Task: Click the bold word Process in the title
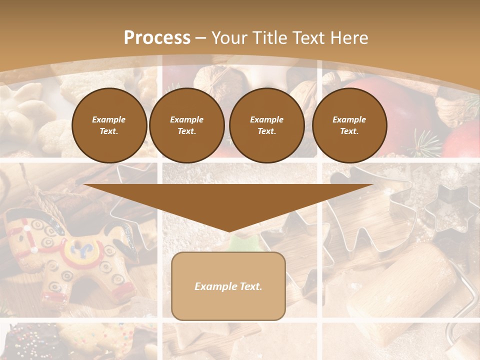pos(157,38)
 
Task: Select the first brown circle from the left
pos(109,125)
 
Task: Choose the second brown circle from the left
pos(186,125)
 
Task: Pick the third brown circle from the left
pos(266,125)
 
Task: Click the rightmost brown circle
pos(349,125)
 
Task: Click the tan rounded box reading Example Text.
pos(228,286)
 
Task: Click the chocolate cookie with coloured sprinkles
pos(30,342)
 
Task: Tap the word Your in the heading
pos(229,38)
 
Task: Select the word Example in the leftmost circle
pos(109,119)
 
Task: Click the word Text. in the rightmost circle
pos(349,131)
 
